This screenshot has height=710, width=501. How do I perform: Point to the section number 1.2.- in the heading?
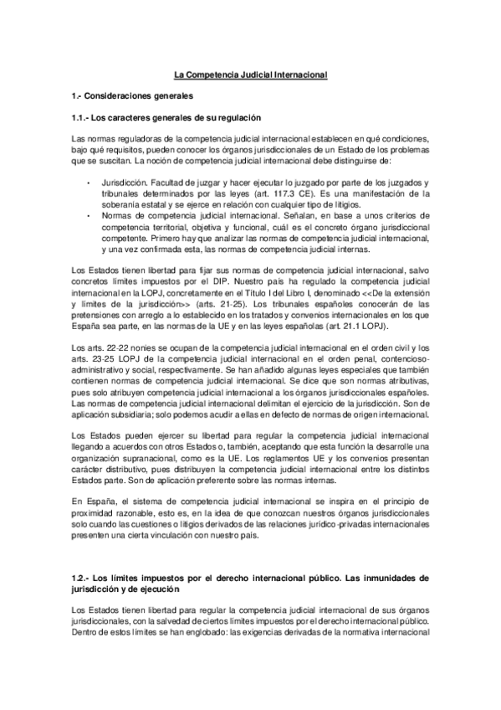point(80,577)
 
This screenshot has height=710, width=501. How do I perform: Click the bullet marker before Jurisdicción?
point(89,181)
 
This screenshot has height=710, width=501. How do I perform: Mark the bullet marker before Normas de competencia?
point(89,214)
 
